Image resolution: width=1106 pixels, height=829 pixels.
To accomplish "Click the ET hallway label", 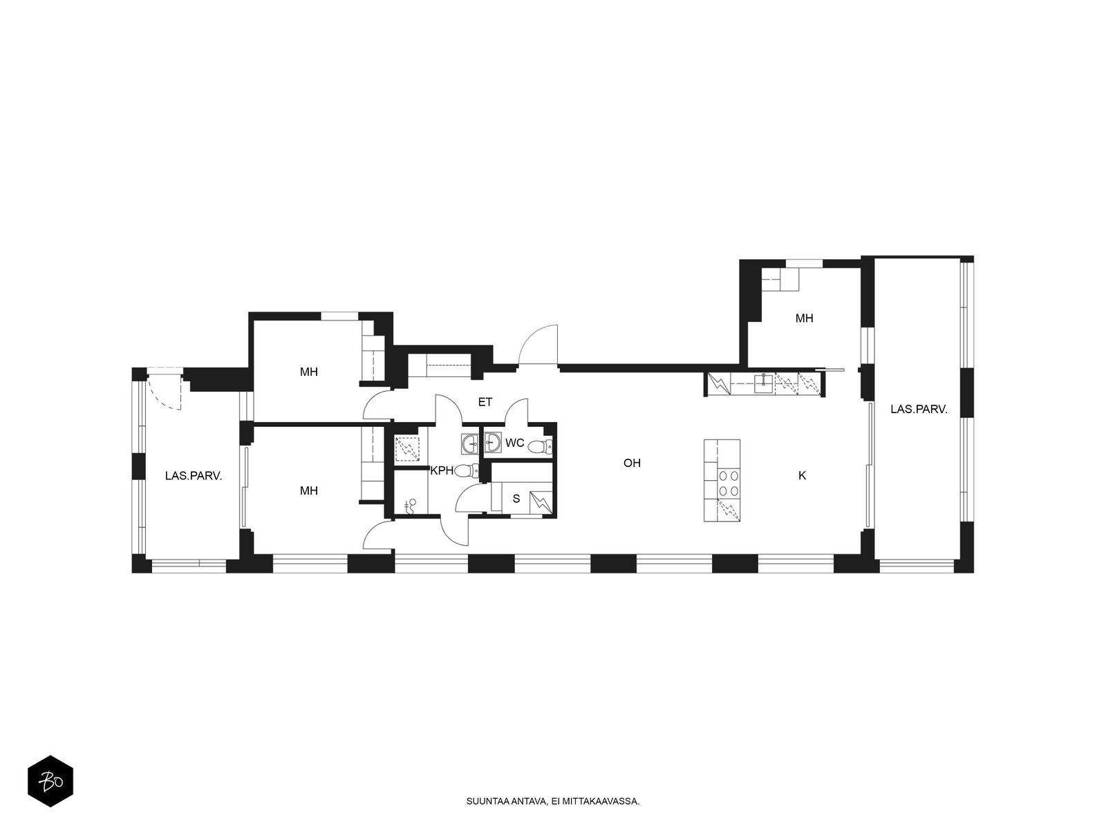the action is click(485, 402).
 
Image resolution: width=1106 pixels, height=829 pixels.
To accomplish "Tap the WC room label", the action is click(514, 443).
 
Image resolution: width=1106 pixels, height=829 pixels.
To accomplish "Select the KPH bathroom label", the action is click(442, 470).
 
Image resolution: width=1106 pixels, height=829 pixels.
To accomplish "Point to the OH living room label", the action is click(632, 463).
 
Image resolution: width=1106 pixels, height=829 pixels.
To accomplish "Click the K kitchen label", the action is click(802, 475).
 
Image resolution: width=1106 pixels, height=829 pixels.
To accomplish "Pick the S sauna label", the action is click(516, 499).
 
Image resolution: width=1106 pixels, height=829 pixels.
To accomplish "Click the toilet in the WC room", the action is click(542, 446).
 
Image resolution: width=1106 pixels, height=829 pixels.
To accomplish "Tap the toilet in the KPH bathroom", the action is click(467, 471).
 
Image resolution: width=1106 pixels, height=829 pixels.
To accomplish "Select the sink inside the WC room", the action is click(493, 442).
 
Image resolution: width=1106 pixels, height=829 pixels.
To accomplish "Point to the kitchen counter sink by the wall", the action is click(764, 383).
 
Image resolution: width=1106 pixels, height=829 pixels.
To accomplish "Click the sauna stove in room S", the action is click(541, 503).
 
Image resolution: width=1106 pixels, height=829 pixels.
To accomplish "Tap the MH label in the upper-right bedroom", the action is click(804, 318).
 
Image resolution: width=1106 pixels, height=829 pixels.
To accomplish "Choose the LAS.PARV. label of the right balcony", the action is click(919, 409).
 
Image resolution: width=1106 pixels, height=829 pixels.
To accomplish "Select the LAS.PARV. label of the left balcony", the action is click(194, 476).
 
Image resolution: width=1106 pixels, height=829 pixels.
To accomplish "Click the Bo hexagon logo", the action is click(50, 781).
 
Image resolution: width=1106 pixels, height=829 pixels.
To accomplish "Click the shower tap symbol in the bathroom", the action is click(411, 506).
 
